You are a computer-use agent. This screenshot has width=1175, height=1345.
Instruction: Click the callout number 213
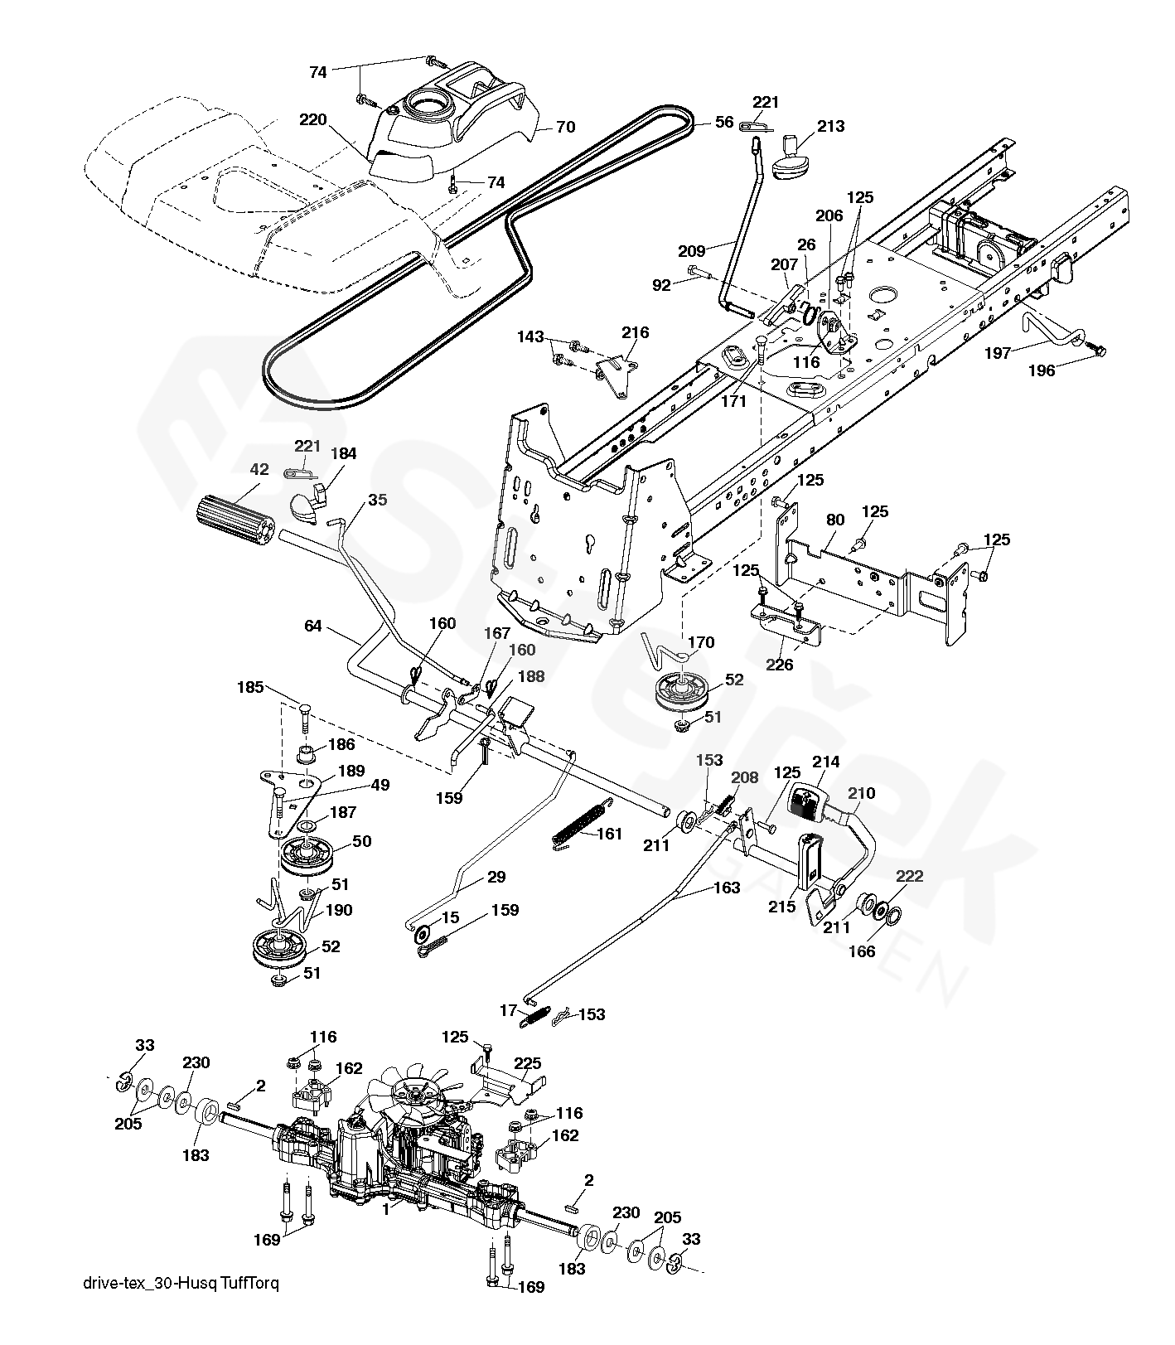click(831, 126)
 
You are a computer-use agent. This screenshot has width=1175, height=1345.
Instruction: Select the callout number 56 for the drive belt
click(724, 122)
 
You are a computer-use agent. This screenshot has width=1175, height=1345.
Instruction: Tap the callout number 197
click(998, 353)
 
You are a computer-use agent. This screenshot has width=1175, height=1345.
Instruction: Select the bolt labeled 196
click(1098, 351)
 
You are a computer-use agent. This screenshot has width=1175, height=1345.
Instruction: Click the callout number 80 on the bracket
click(835, 520)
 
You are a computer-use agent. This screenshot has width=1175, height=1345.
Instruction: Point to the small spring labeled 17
click(534, 1017)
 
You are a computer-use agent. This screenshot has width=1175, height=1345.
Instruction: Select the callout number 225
click(528, 1063)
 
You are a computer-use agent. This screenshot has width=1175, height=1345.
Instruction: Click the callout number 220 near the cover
click(314, 119)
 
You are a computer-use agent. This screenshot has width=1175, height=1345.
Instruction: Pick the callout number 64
click(312, 626)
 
